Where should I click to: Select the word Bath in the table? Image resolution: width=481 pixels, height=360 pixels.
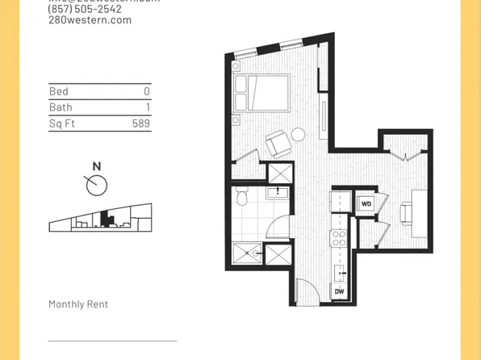(61, 107)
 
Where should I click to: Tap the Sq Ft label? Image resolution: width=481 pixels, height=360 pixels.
(61, 123)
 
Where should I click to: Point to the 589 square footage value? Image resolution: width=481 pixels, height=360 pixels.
(141, 123)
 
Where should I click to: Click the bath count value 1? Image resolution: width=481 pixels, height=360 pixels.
(147, 107)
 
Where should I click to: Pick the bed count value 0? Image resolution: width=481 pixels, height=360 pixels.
(147, 92)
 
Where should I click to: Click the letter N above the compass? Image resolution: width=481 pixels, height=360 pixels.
(97, 167)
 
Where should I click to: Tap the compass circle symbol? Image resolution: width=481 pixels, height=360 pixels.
(96, 185)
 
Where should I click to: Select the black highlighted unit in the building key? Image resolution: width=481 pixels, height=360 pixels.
(104, 218)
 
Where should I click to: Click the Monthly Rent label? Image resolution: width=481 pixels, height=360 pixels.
(78, 304)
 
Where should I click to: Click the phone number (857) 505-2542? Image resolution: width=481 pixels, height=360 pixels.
(86, 9)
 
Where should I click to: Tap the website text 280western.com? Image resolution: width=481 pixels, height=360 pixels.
(90, 20)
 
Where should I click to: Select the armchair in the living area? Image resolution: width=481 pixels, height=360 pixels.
(277, 144)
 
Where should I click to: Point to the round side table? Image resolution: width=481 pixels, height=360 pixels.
(299, 135)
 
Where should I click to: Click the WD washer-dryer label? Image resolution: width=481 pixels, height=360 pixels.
(366, 203)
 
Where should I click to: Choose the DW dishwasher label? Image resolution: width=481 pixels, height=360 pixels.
(339, 291)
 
